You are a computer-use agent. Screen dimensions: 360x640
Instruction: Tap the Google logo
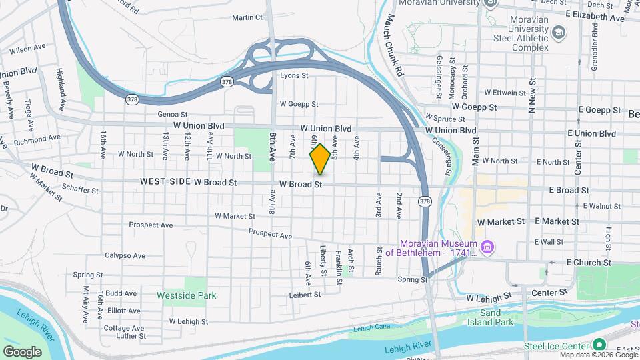tap(22, 351)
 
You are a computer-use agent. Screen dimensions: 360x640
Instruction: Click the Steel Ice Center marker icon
tap(599, 345)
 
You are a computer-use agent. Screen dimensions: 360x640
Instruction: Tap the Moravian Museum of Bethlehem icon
tap(488, 248)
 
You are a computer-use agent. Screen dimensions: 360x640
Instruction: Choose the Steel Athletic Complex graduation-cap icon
tap(557, 33)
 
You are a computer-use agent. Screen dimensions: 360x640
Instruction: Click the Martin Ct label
tap(247, 17)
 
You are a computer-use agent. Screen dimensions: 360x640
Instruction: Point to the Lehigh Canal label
tap(371, 328)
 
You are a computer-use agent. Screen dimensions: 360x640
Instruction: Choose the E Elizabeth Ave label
tap(595, 15)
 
